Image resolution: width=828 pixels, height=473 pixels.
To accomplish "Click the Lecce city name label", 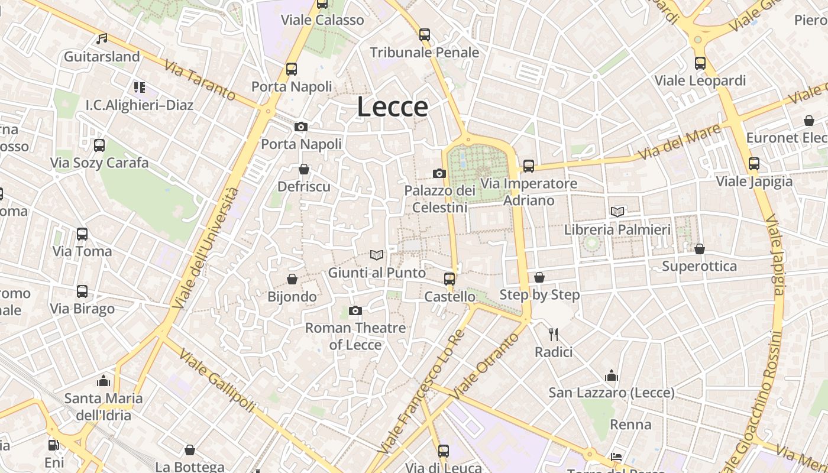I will (x=393, y=106).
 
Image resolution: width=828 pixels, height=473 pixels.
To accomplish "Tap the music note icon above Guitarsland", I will (x=102, y=39).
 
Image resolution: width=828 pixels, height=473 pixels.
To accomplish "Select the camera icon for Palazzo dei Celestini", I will (x=439, y=173).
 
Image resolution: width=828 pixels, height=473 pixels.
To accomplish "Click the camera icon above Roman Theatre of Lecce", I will (x=355, y=310).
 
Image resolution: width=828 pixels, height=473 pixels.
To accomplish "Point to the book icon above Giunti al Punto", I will (x=377, y=255).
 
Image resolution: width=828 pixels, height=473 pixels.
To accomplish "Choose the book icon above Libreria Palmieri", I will (x=617, y=212).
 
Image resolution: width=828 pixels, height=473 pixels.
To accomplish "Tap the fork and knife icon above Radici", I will (x=554, y=335).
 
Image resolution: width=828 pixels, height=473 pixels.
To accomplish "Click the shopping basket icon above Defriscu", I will (x=304, y=170).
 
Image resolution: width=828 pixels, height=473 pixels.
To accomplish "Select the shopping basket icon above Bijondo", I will (x=292, y=279).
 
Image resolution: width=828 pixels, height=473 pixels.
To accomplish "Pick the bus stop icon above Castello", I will (x=449, y=278).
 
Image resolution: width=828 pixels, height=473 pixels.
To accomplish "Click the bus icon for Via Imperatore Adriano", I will (x=528, y=166).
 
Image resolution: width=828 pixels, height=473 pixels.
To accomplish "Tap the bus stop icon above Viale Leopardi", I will (x=700, y=63).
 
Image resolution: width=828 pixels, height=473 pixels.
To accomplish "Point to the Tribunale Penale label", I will (x=425, y=53).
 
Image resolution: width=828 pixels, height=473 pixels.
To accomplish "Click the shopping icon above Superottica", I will (x=699, y=249).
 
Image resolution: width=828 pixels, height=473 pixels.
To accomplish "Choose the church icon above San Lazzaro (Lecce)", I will (x=612, y=375).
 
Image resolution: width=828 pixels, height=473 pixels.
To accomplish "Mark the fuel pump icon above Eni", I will (x=54, y=445).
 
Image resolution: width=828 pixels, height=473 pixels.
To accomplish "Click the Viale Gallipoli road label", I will (x=217, y=381).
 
